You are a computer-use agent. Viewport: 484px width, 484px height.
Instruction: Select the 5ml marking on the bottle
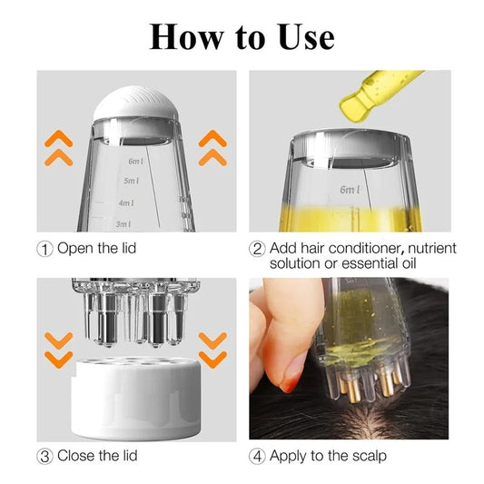(x=132, y=181)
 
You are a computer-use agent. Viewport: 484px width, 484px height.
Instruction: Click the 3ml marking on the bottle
(x=123, y=223)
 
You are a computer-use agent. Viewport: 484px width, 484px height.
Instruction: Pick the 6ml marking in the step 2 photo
(x=350, y=190)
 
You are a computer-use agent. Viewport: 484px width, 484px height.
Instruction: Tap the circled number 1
(x=44, y=249)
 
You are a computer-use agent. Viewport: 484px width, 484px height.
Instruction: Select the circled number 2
(x=257, y=249)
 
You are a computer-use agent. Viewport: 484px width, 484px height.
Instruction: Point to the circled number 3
(x=44, y=455)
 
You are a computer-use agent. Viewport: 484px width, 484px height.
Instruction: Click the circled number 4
(x=257, y=455)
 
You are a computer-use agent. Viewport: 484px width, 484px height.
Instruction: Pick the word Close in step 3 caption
(x=76, y=455)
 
